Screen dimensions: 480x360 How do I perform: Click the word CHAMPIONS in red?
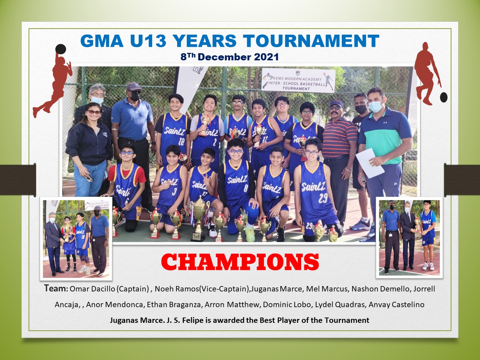(x=240, y=262)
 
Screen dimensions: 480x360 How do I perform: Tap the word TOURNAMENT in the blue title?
(x=311, y=41)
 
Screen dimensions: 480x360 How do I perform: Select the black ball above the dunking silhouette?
(x=61, y=49)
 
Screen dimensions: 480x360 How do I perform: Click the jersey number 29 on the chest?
(x=323, y=197)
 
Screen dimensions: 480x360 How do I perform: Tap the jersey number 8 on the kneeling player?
(x=246, y=189)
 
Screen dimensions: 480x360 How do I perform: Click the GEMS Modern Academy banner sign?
(x=298, y=80)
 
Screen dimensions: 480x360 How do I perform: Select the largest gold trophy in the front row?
(x=199, y=219)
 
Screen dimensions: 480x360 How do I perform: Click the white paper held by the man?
(x=370, y=163)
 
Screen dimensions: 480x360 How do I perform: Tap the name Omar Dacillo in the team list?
(x=92, y=289)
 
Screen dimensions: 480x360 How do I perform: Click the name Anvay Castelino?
(x=396, y=305)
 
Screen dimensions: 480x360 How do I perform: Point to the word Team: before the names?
(x=56, y=288)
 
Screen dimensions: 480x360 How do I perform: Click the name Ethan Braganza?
(x=174, y=305)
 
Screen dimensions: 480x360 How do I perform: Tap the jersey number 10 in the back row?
(x=181, y=142)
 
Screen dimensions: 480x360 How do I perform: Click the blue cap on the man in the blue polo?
(x=134, y=86)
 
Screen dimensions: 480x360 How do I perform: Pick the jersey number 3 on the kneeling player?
(x=174, y=191)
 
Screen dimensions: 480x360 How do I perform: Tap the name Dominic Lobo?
(x=287, y=305)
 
